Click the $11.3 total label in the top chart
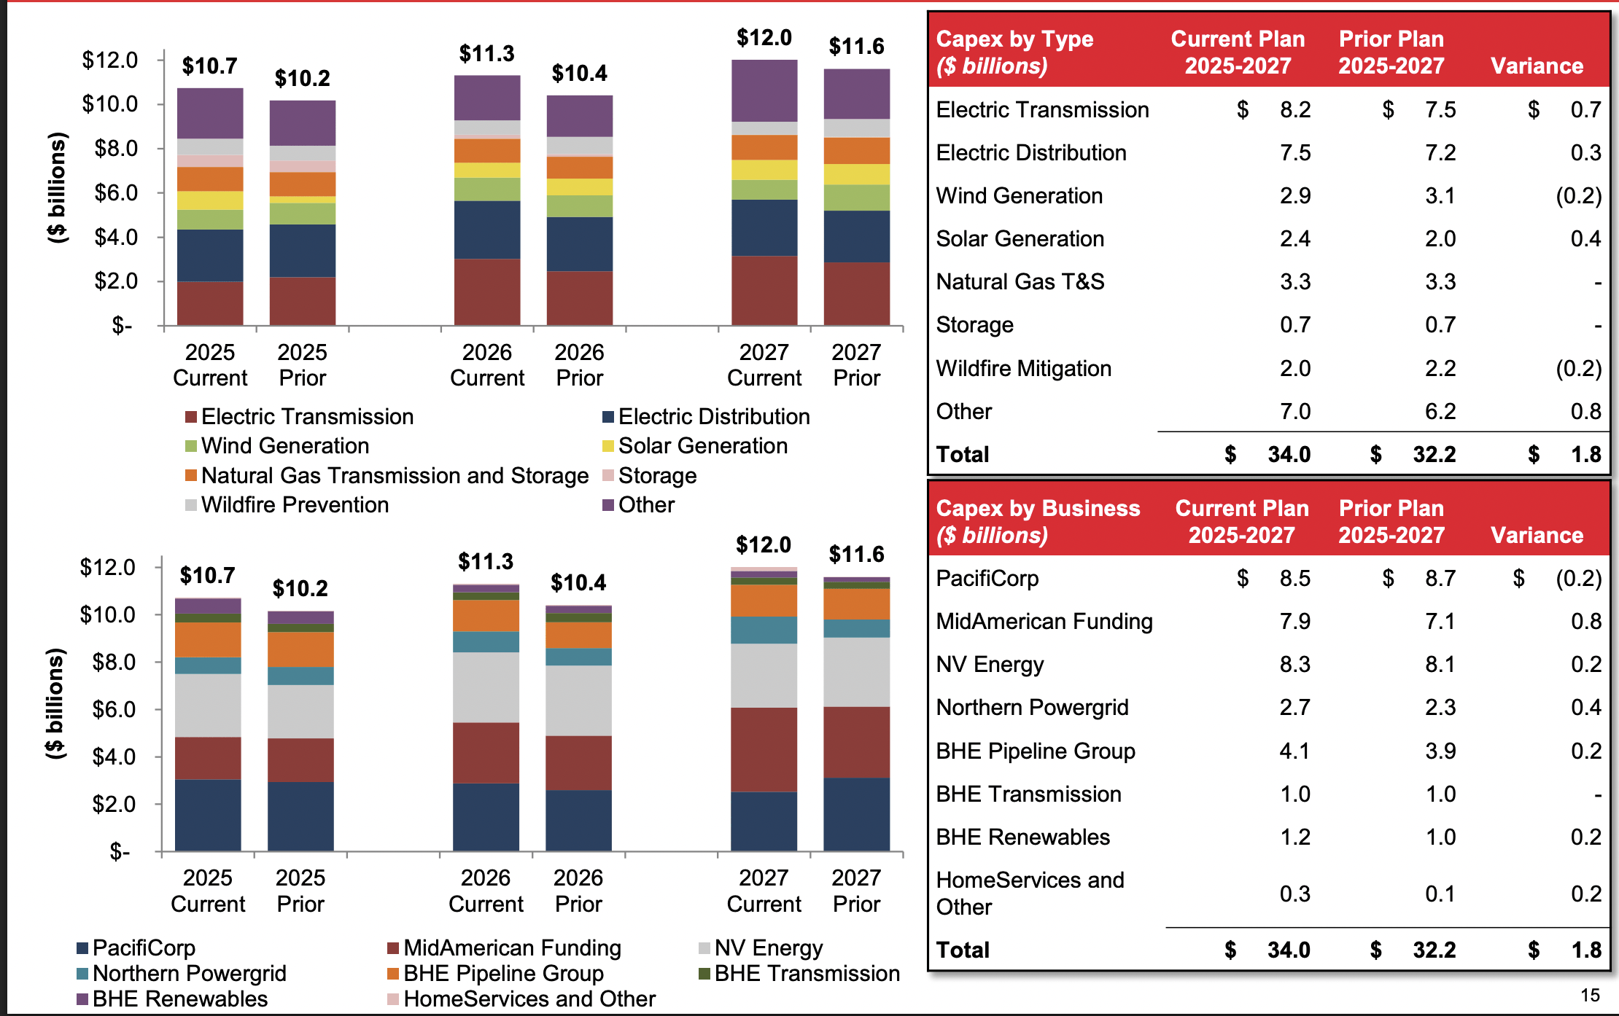click(x=486, y=54)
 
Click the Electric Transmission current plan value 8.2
click(x=1294, y=110)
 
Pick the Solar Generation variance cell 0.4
click(x=1585, y=239)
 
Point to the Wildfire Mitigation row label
click(x=1023, y=369)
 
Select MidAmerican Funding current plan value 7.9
click(x=1294, y=622)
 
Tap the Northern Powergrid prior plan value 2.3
click(x=1440, y=708)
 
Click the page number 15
click(x=1590, y=996)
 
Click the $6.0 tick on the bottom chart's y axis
click(x=114, y=709)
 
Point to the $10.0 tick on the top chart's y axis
click(x=110, y=104)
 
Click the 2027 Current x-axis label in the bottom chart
click(x=764, y=891)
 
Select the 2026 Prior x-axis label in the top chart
click(x=579, y=365)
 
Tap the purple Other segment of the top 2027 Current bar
click(x=764, y=91)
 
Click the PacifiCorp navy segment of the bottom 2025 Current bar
click(x=208, y=815)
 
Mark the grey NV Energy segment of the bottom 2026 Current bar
click(x=486, y=687)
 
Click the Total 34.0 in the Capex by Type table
click(x=1288, y=455)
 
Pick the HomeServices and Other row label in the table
click(x=1029, y=894)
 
